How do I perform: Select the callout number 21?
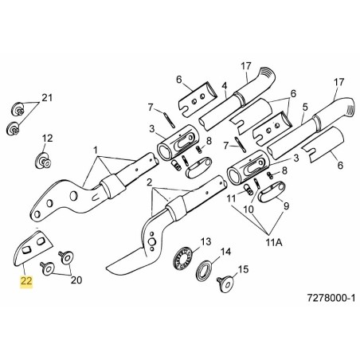[x=47, y=98]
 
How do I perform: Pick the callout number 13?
[x=205, y=241]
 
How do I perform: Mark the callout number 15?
[x=245, y=270]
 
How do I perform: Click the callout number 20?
[x=77, y=279]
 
